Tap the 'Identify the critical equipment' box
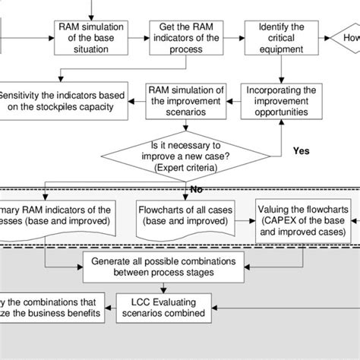[x=280, y=37]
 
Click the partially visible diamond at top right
[x=346, y=37]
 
